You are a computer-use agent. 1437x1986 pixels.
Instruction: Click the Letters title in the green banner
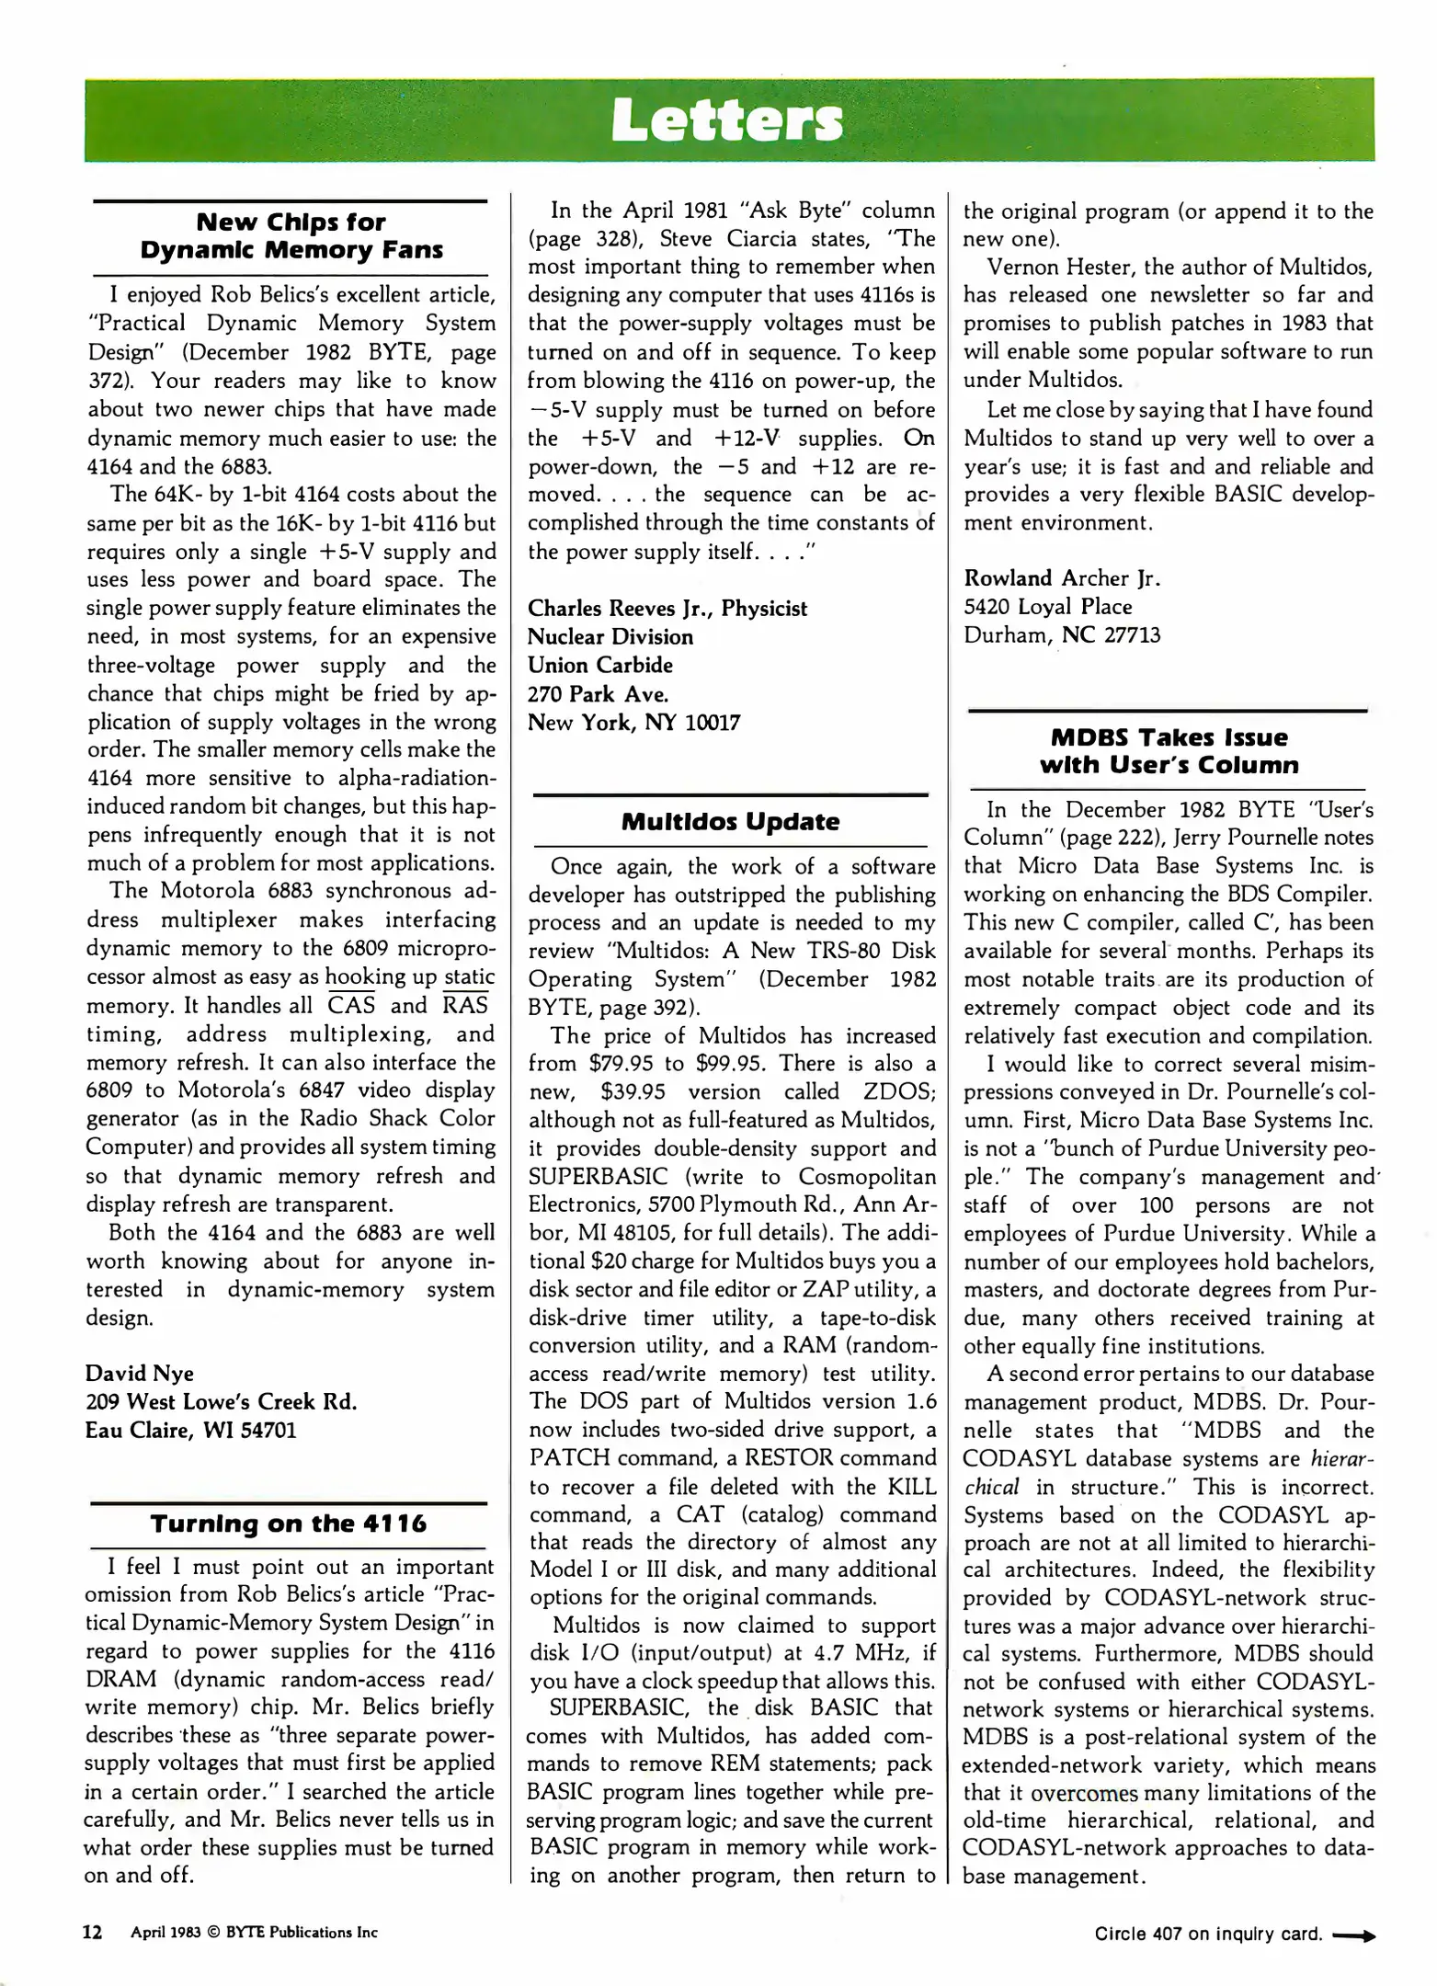(x=726, y=121)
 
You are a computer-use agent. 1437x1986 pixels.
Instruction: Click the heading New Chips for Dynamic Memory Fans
(x=291, y=236)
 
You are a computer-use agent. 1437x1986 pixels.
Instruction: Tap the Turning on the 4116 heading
(x=289, y=1524)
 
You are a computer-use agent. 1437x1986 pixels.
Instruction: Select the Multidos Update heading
(x=730, y=821)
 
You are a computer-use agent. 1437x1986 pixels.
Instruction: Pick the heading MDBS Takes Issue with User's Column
(x=1169, y=751)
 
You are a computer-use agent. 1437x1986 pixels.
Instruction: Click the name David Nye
(x=140, y=1373)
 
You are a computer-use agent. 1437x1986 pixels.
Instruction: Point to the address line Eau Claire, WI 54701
(x=190, y=1430)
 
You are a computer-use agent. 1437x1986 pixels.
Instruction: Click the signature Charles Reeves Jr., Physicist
(x=667, y=609)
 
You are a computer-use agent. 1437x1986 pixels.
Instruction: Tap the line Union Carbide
(x=599, y=665)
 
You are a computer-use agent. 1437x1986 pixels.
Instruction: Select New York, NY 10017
(x=633, y=722)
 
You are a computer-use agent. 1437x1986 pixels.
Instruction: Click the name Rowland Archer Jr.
(x=1062, y=578)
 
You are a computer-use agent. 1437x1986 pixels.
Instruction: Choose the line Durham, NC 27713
(x=1062, y=635)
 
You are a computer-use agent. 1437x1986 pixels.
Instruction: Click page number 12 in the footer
(x=93, y=1932)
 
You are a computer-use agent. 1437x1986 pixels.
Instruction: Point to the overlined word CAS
(x=351, y=1005)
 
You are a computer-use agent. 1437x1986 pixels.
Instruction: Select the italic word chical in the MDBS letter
(x=991, y=1487)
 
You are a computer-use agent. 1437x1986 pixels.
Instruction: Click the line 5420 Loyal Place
(x=1047, y=607)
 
